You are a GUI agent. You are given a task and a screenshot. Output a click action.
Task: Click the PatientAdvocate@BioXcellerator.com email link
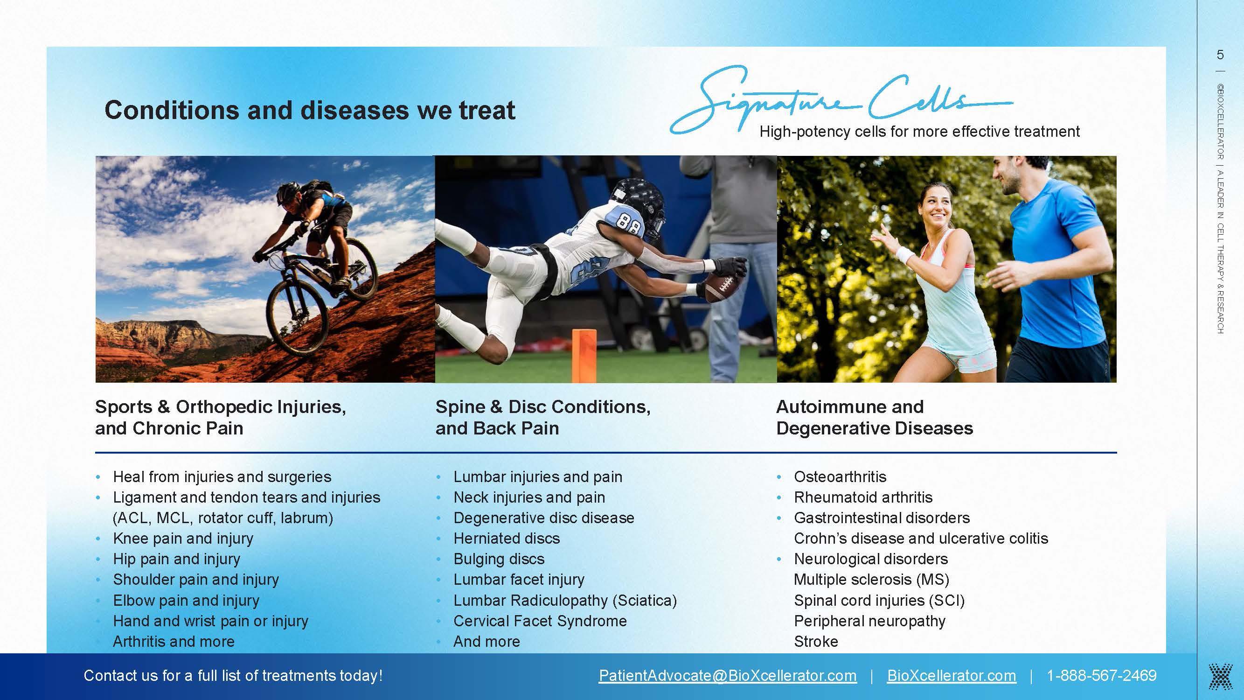click(728, 675)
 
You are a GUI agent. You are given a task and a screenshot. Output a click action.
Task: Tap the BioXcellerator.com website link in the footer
click(952, 675)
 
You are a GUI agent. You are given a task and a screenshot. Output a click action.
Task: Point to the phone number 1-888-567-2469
click(1102, 675)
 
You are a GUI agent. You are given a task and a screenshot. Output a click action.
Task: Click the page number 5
click(1220, 55)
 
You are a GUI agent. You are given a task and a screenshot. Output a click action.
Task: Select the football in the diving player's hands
click(723, 287)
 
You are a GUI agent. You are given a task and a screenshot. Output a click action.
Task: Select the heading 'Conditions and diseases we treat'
click(310, 110)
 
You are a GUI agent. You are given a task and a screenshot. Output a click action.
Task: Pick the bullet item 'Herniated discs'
click(507, 538)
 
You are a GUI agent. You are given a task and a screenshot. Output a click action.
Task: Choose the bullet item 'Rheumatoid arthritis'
click(863, 497)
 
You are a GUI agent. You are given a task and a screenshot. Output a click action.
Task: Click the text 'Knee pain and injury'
click(183, 539)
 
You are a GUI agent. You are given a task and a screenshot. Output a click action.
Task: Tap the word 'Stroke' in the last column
click(816, 642)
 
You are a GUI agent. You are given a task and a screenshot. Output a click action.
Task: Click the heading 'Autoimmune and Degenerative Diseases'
click(875, 417)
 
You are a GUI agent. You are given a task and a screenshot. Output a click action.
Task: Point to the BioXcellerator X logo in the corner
click(1220, 676)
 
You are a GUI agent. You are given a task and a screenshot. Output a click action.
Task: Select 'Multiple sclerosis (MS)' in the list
click(872, 580)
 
